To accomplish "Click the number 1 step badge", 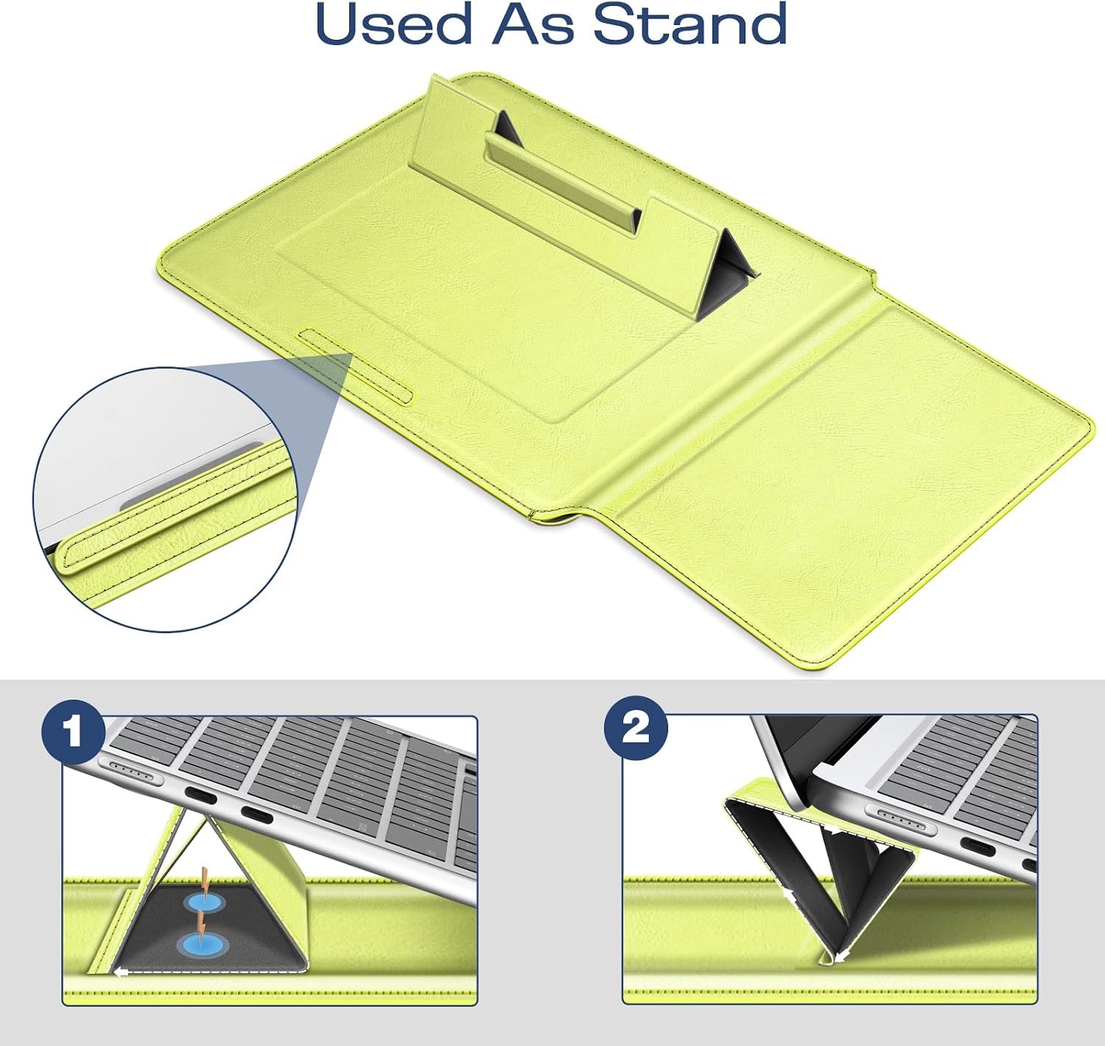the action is [x=74, y=732].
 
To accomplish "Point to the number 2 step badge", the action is [x=636, y=728].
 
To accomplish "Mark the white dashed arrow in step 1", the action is [x=211, y=972].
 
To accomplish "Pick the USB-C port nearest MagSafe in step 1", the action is [x=200, y=797].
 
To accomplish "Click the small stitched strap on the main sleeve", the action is [x=356, y=366].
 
